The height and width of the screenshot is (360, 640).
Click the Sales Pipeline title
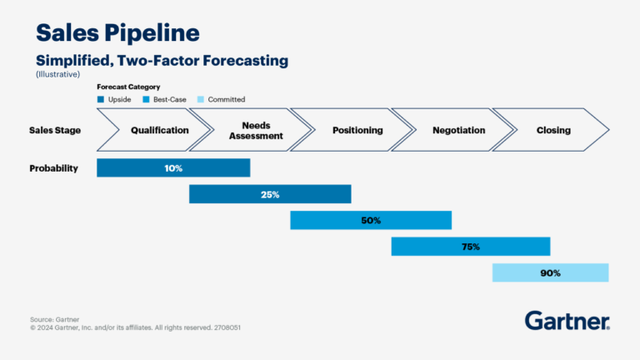coord(117,33)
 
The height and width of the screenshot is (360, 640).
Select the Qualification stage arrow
coord(154,130)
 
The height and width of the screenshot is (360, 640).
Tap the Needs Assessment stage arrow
coord(255,130)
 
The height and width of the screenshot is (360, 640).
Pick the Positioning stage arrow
coord(357,130)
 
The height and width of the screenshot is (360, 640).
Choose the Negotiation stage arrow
coord(457,130)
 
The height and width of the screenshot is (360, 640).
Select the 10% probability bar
coord(173,167)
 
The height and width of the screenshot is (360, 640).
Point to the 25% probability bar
coord(270,194)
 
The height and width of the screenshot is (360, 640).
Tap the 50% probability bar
coord(371,220)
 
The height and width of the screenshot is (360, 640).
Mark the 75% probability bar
coord(471,246)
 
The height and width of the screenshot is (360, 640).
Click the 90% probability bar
coord(550,272)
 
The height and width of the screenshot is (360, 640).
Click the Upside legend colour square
coord(101,100)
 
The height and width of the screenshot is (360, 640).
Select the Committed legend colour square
coord(200,100)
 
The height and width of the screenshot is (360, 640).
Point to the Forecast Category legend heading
coord(128,87)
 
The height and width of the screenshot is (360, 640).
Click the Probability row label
coord(53,167)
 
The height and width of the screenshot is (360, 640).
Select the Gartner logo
coord(567,321)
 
